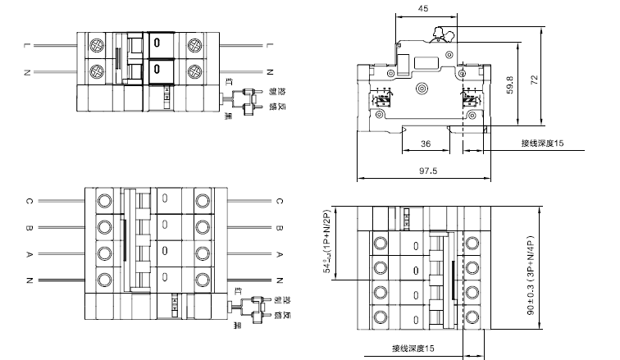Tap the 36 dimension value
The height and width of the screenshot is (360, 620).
(426, 144)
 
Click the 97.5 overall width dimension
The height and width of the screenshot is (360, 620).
(424, 171)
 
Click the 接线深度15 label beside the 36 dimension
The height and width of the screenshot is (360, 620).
(542, 144)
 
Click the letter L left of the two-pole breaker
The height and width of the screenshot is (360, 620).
(28, 43)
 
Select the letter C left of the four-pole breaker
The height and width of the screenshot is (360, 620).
(28, 200)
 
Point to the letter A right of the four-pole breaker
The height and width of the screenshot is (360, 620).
(279, 254)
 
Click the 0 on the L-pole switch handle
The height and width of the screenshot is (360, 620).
(156, 43)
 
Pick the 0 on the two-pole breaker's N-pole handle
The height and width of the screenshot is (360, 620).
(156, 71)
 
